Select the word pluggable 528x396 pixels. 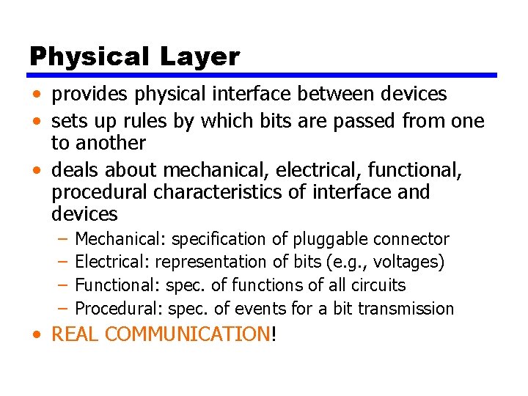tap(331, 239)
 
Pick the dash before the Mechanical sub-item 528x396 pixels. tap(63, 239)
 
